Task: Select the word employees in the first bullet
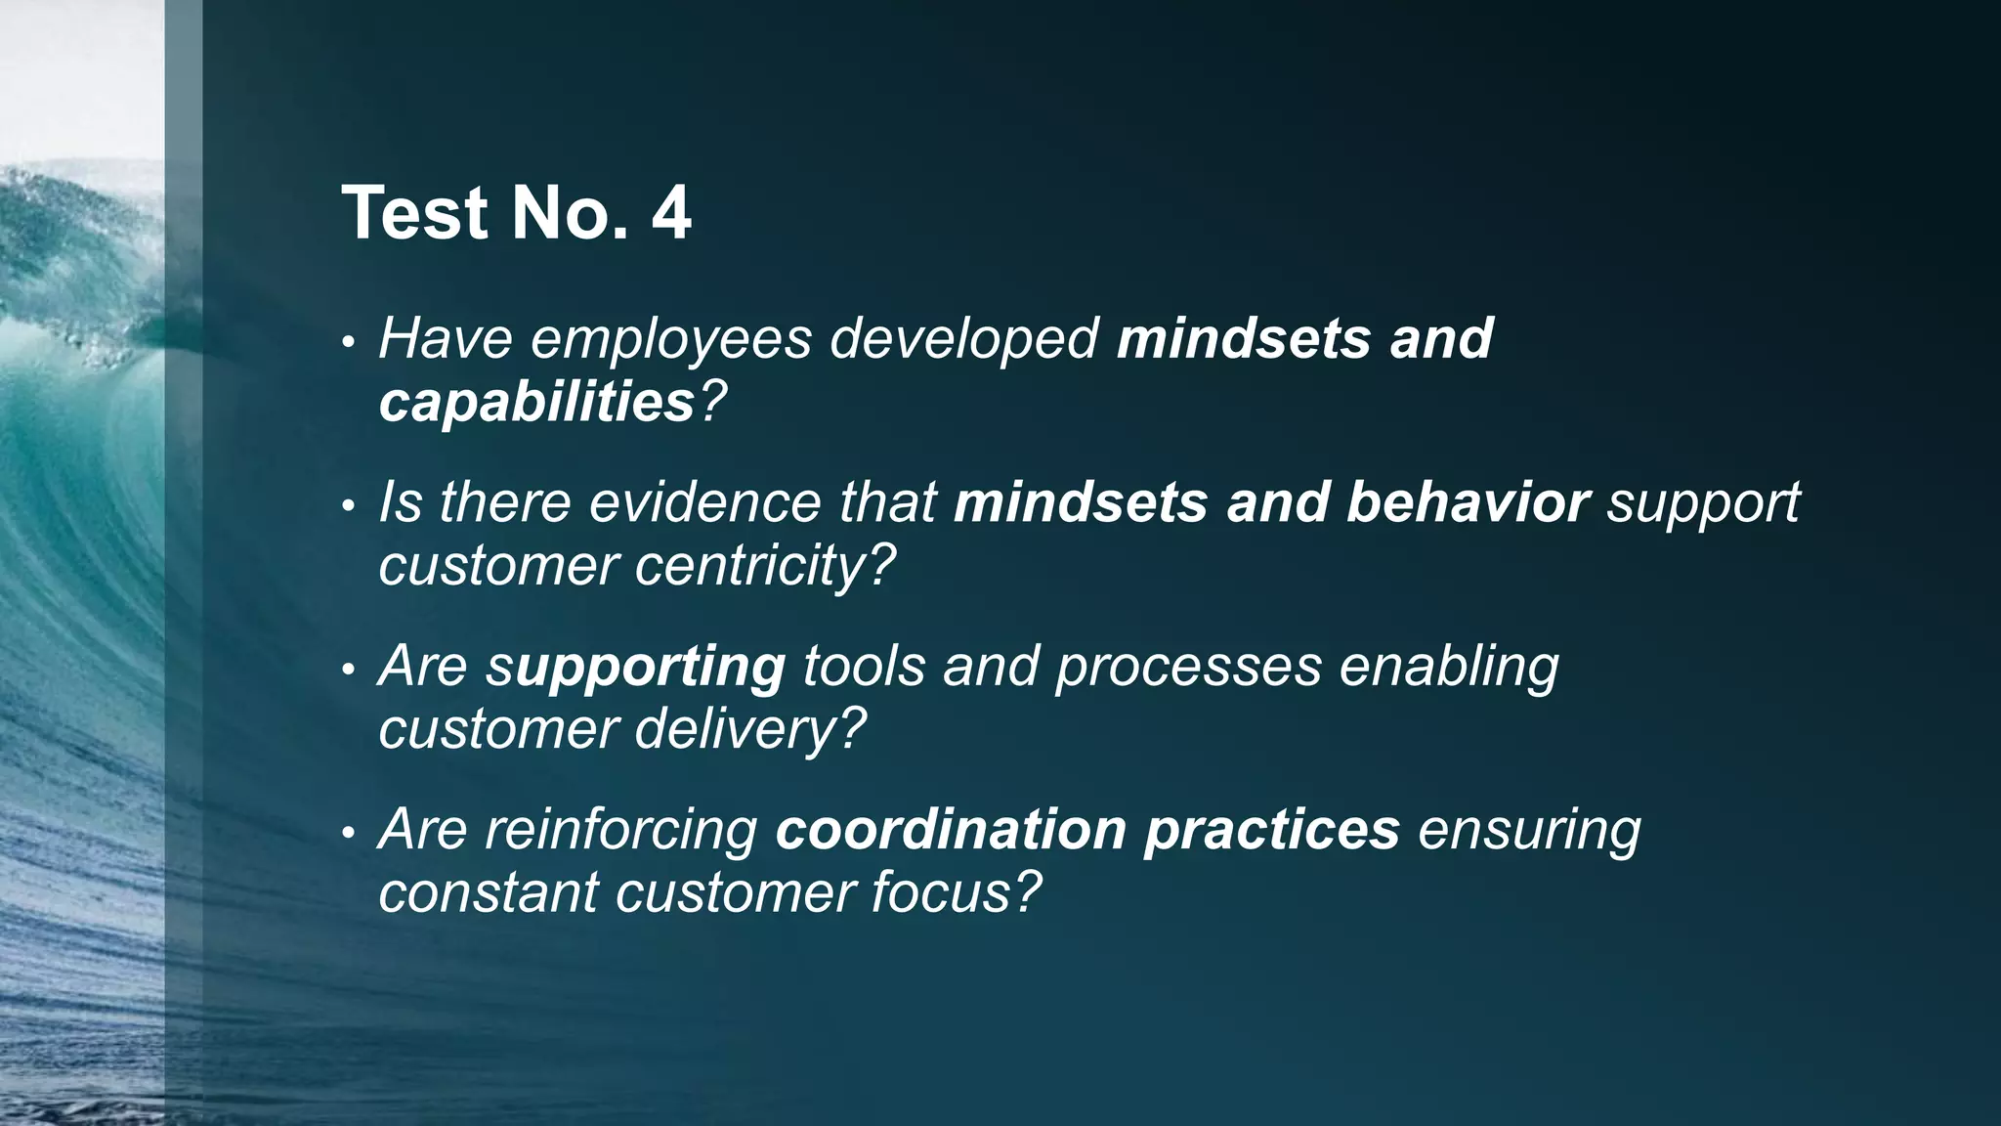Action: click(x=671, y=340)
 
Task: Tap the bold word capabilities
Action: click(x=536, y=402)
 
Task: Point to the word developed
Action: click(x=964, y=340)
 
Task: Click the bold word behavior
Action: click(x=1468, y=502)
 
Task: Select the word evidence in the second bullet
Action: click(x=705, y=502)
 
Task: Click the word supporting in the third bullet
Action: click(x=636, y=668)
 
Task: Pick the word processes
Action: click(x=1188, y=668)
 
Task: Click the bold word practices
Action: click(x=1272, y=830)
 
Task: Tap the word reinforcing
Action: click(x=621, y=830)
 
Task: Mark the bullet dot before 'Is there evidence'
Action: click(x=348, y=506)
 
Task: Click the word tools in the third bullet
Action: click(x=864, y=668)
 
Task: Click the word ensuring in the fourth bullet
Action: click(x=1529, y=830)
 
